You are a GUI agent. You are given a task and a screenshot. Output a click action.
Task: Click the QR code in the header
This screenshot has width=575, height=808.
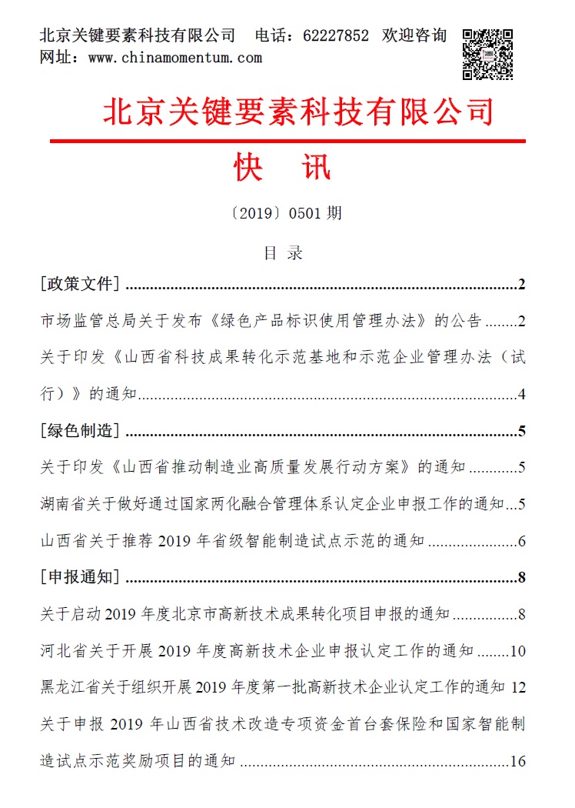(487, 55)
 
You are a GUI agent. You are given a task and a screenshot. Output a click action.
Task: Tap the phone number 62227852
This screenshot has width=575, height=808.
(337, 36)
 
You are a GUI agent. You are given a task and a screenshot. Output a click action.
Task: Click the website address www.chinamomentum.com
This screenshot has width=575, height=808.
(174, 58)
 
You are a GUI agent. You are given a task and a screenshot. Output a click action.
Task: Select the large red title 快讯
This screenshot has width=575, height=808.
(283, 167)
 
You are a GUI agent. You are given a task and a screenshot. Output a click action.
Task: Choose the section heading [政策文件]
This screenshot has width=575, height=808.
(79, 285)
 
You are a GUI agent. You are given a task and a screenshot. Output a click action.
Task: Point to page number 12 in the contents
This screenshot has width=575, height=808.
(517, 687)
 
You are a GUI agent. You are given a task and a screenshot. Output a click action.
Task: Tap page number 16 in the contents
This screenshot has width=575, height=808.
(517, 763)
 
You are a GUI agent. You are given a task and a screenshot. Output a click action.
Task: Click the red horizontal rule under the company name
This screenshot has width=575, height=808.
(287, 141)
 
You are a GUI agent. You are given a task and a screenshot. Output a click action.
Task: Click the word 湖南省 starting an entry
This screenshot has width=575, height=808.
(62, 505)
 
